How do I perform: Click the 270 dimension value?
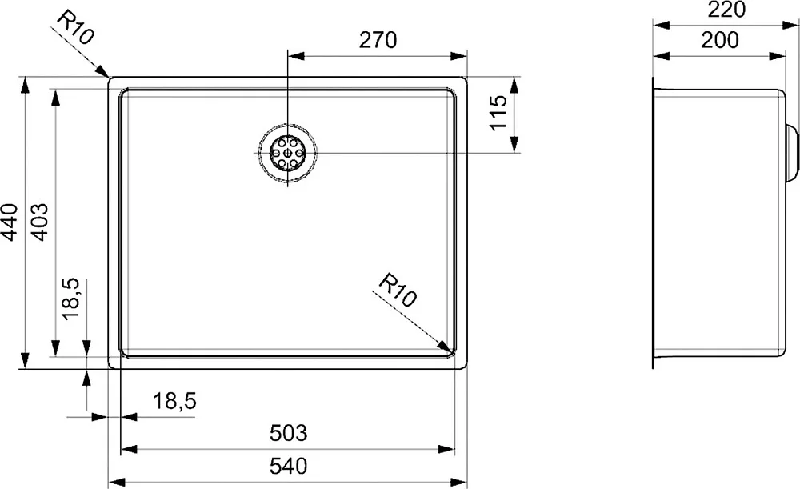coord(378,40)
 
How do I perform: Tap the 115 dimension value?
coord(498,113)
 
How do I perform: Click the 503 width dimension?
coord(288,433)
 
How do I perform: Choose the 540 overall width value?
coord(288,466)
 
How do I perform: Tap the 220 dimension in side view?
coord(727,9)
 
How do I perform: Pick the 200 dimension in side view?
coord(719,40)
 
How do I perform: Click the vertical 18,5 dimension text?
coord(70,299)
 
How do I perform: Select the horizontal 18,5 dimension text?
coord(174,401)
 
